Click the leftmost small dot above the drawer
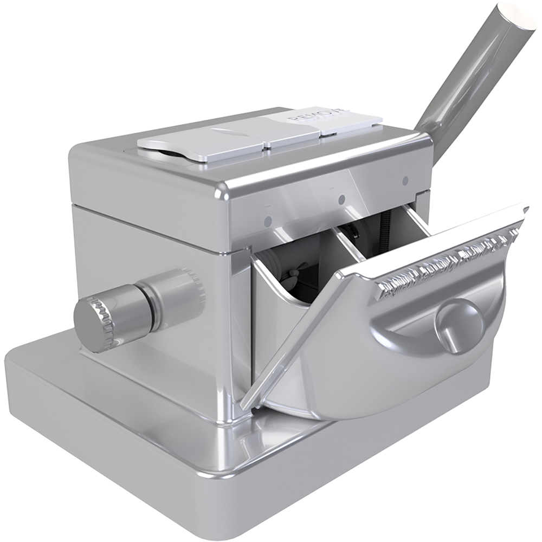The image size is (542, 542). tap(268, 221)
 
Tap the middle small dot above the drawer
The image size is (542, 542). tap(341, 200)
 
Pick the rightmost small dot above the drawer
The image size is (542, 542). tap(405, 180)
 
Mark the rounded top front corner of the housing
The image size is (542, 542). tap(222, 190)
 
